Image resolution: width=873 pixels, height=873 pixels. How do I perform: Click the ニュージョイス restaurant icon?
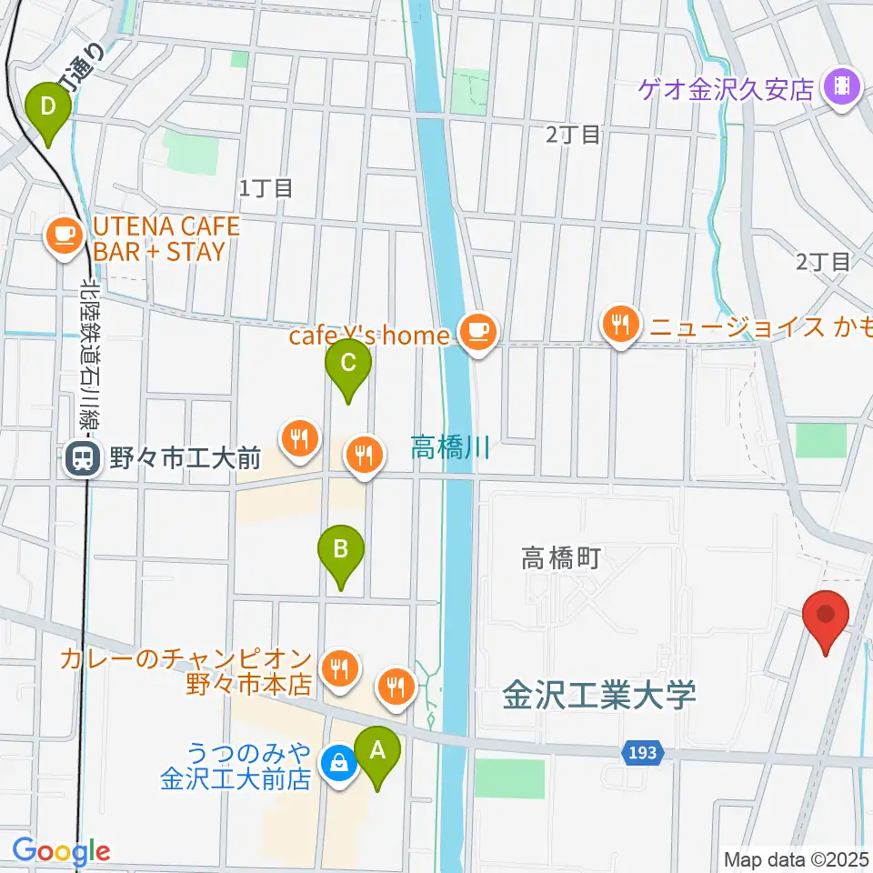[x=621, y=325]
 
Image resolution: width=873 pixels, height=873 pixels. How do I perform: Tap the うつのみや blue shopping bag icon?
[x=339, y=764]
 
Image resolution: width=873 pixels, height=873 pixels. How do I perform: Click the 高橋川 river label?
[x=450, y=447]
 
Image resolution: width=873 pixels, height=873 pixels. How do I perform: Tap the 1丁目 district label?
[x=266, y=189]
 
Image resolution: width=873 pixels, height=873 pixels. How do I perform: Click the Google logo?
[x=61, y=851]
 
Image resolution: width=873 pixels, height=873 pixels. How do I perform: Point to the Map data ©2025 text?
[x=796, y=858]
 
